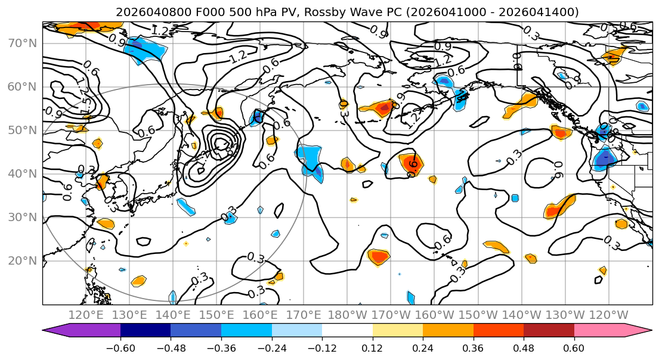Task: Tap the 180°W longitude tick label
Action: (348, 315)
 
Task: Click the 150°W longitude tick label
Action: (479, 315)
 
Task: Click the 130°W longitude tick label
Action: (566, 315)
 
